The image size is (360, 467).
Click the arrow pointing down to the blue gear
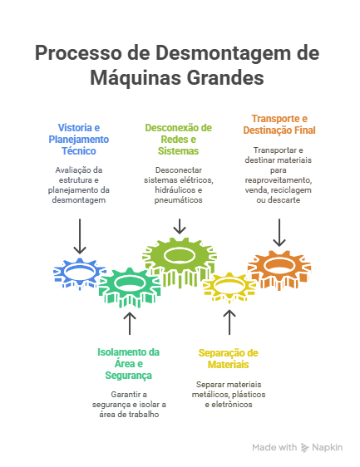tap(80, 237)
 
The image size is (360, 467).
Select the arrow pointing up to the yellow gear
tap(229, 322)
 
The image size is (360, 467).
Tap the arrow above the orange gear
tap(279, 233)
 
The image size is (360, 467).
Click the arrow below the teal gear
tap(130, 323)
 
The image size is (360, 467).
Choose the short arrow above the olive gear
tap(180, 226)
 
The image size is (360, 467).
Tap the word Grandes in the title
tap(226, 78)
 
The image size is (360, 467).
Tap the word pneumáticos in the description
tap(178, 199)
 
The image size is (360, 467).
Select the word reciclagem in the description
tap(291, 190)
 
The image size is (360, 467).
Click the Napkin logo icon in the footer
tap(304, 447)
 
